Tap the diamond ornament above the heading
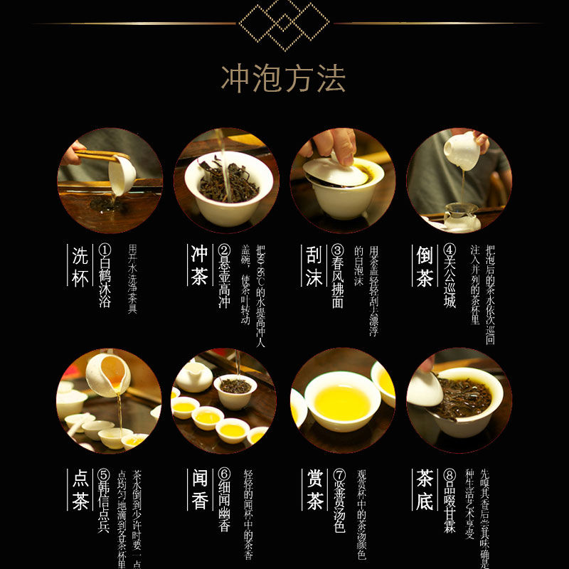284,23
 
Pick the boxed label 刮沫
314,267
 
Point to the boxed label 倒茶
425,267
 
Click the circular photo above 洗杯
110,181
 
